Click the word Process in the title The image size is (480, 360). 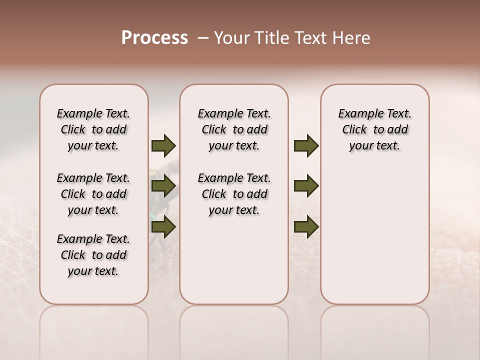point(154,38)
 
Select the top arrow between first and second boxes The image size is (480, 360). point(163,146)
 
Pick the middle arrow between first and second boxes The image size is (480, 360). point(163,186)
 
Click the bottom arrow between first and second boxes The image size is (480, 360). point(163,227)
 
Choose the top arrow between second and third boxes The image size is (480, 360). point(306,146)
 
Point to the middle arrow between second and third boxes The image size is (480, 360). point(306,186)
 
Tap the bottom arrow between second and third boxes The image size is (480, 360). point(306,227)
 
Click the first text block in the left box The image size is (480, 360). point(93,129)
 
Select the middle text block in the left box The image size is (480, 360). point(93,194)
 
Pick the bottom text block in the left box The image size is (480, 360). point(93,255)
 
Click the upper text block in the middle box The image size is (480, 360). point(234,129)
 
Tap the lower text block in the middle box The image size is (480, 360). point(234,194)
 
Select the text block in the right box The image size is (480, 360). point(375,129)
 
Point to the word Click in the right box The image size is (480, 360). point(354,130)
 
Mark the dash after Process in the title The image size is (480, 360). point(203,38)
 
